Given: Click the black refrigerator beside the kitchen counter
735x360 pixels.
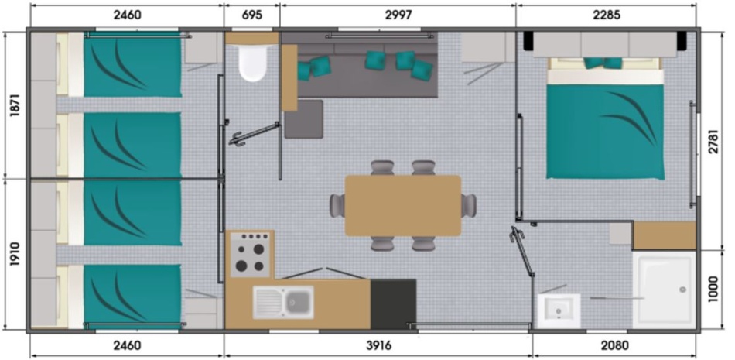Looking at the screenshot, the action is tap(393, 304).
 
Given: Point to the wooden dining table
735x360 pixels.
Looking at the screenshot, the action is tap(403, 206).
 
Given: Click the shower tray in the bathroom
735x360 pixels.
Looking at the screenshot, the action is tap(664, 290).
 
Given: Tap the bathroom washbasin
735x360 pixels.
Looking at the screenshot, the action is tap(559, 310).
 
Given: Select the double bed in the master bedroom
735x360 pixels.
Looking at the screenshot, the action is tap(605, 118).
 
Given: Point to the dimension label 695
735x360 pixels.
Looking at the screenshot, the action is tap(251, 15).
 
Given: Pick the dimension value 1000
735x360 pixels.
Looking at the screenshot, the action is tap(713, 290).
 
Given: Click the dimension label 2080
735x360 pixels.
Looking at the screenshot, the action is tap(614, 346).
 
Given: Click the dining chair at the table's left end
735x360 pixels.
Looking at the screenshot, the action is tap(337, 206).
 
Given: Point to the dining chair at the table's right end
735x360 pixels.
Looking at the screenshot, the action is tap(469, 206).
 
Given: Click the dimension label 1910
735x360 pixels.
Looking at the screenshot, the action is tap(15, 255).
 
